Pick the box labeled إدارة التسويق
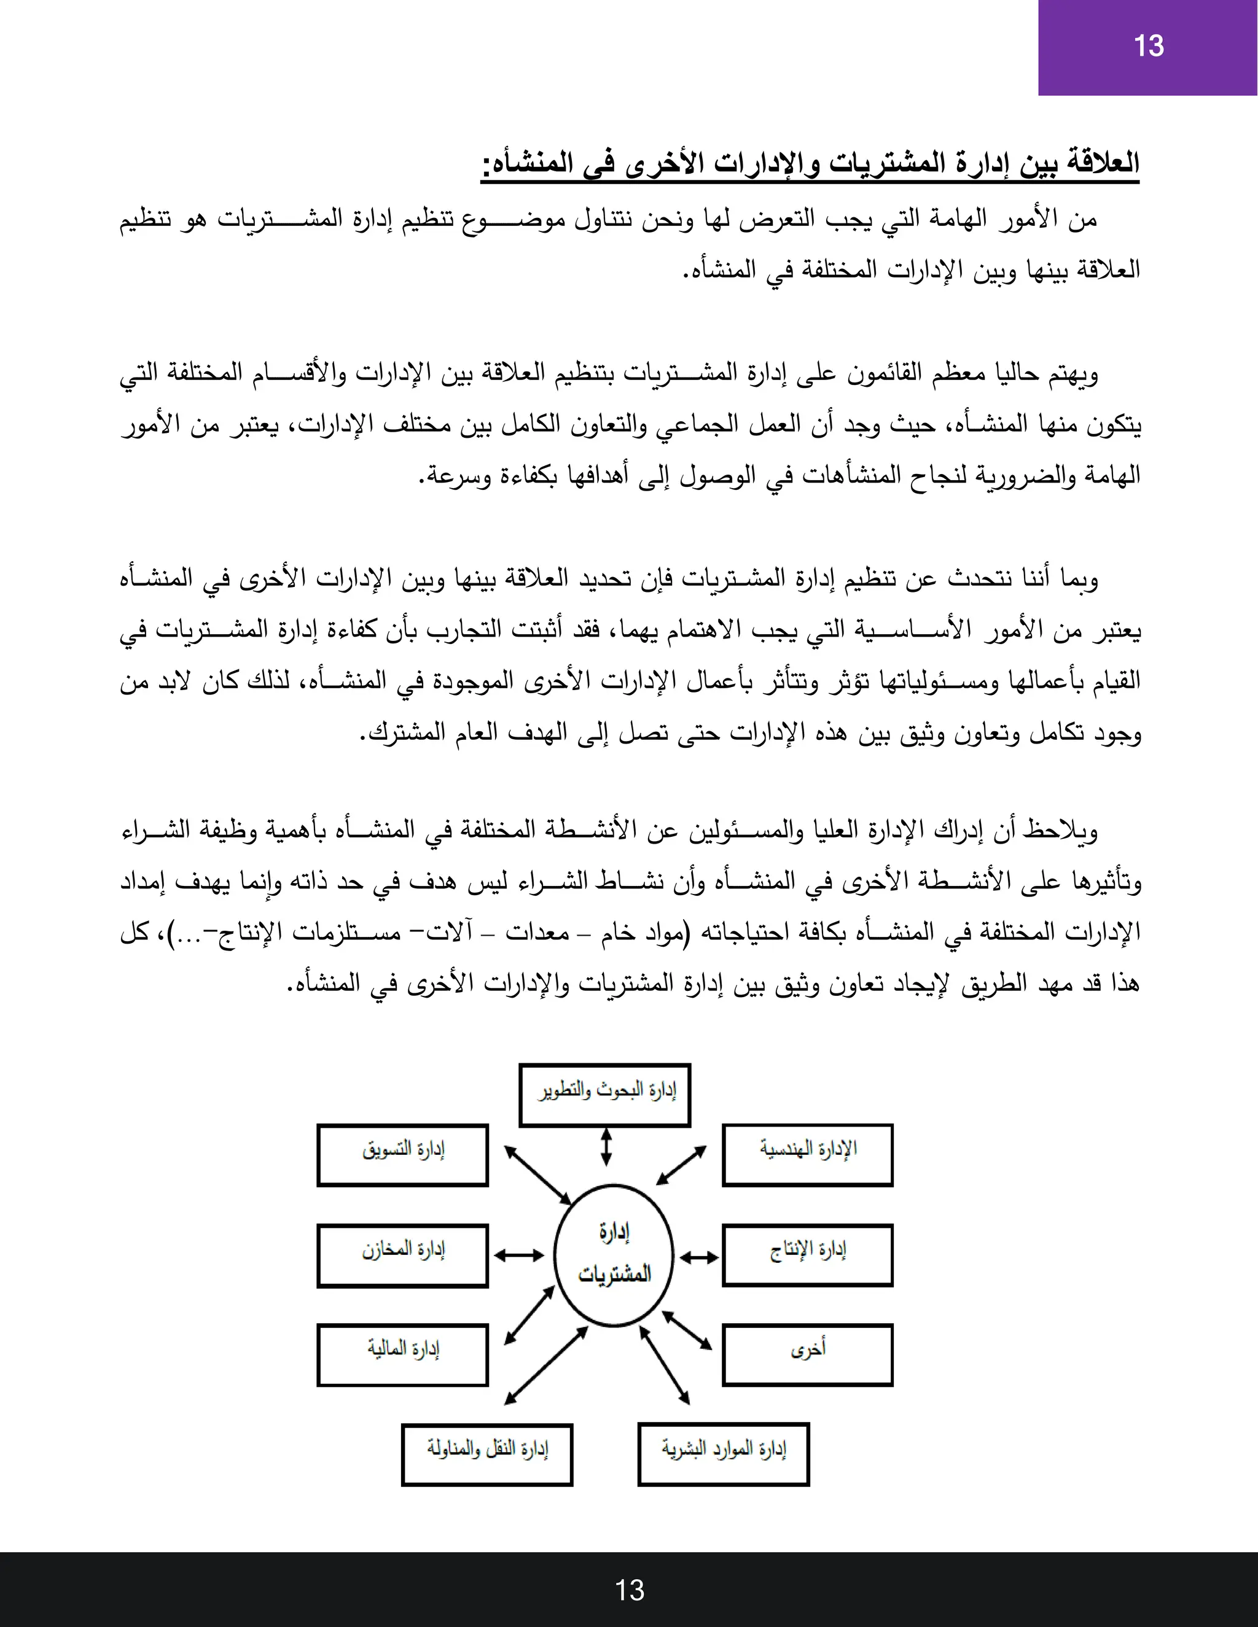(x=402, y=1155)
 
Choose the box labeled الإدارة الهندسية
(x=807, y=1155)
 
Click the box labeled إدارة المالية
(x=402, y=1355)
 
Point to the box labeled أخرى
(x=807, y=1355)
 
